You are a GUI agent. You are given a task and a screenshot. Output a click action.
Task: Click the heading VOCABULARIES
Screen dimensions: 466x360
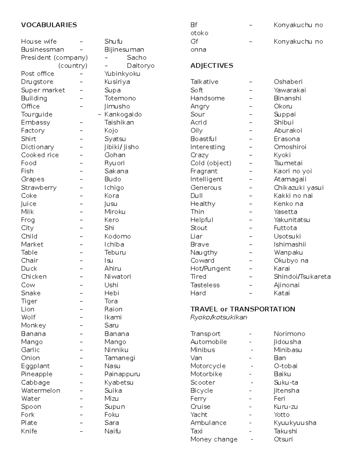coord(49,25)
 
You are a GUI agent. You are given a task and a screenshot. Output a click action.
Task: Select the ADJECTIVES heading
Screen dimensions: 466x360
coord(211,66)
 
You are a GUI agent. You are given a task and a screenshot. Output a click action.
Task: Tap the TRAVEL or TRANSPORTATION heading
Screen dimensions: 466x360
coord(242,309)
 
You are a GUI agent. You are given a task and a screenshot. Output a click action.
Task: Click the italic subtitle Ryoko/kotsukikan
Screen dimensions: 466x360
coord(218,317)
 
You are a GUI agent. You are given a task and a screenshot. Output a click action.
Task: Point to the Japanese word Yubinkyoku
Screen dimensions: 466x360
coord(122,74)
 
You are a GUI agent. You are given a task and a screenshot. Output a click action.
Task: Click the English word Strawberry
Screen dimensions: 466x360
coord(39,188)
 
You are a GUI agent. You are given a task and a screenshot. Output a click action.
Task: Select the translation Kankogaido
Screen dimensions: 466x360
coord(123,114)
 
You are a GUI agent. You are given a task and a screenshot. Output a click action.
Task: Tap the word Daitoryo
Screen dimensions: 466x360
coord(140,66)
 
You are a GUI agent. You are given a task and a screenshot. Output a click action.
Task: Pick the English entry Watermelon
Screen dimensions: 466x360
coord(40,390)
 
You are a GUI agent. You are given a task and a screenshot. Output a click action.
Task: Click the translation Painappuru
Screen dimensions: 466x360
coord(122,374)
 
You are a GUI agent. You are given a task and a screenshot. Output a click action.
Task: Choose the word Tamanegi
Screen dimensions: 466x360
coord(120,358)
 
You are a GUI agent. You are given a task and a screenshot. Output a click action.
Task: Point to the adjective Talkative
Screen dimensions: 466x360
coord(204,82)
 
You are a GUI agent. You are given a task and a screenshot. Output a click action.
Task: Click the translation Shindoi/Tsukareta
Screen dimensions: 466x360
coord(302,277)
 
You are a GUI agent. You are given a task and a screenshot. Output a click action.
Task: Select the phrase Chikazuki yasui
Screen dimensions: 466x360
coord(298,188)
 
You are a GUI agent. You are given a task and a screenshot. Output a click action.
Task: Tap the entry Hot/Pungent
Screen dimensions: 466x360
coord(210,269)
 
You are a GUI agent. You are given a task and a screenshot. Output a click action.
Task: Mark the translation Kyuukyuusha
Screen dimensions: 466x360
coord(295,423)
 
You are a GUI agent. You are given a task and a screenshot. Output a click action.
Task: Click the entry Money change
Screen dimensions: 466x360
coord(214,439)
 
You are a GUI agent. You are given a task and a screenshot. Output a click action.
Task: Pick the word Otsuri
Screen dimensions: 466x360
coord(283,439)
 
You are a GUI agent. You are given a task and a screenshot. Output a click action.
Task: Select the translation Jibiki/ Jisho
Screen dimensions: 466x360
coord(121,147)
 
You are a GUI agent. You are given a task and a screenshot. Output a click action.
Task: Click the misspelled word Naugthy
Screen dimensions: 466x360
coord(204,252)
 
